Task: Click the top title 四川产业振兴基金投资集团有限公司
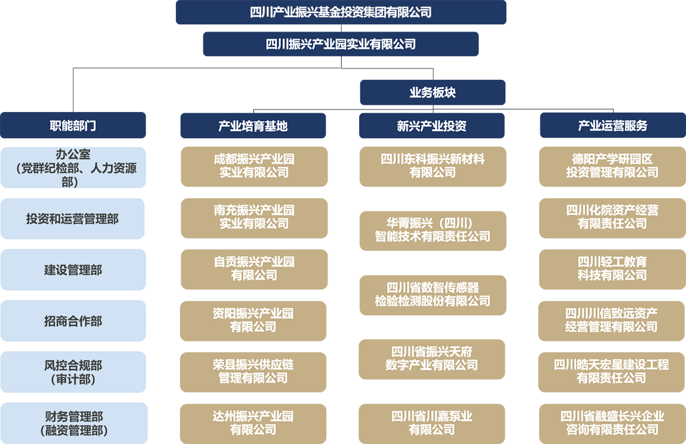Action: pos(341,12)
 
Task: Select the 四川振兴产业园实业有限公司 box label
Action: pos(341,44)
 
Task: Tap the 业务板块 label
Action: pos(432,92)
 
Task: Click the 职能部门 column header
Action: pos(73,126)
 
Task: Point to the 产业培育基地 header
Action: pos(253,126)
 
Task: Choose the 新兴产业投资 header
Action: pos(431,126)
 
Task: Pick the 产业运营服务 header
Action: pos(613,126)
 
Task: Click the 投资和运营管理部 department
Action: pos(72,219)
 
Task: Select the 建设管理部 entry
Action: pos(73,270)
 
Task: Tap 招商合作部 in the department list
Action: pos(73,321)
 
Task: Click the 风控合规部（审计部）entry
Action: pos(73,372)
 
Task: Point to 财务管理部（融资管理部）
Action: pos(73,423)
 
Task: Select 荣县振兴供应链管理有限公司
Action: pos(254,371)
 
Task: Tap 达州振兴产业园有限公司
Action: pos(254,423)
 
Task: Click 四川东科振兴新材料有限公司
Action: pos(432,166)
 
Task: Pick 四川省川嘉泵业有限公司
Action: pos(432,423)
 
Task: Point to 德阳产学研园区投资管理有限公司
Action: pos(612,166)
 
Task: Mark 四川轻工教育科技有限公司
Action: pos(612,268)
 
